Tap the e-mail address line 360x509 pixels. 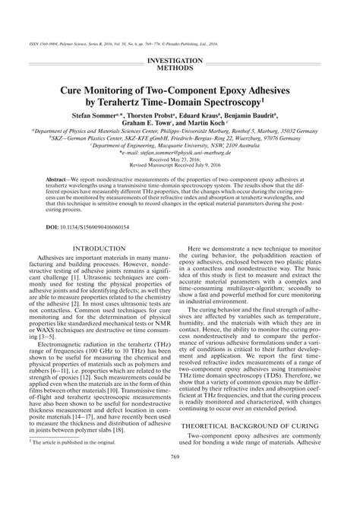pyautogui.click(x=180, y=153)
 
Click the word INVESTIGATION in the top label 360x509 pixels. pyautogui.click(x=180, y=59)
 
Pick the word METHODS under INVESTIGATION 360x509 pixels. pyautogui.click(x=180, y=67)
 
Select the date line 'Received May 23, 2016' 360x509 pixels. pyautogui.click(x=180, y=160)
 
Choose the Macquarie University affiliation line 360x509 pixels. pyautogui.click(x=180, y=145)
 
